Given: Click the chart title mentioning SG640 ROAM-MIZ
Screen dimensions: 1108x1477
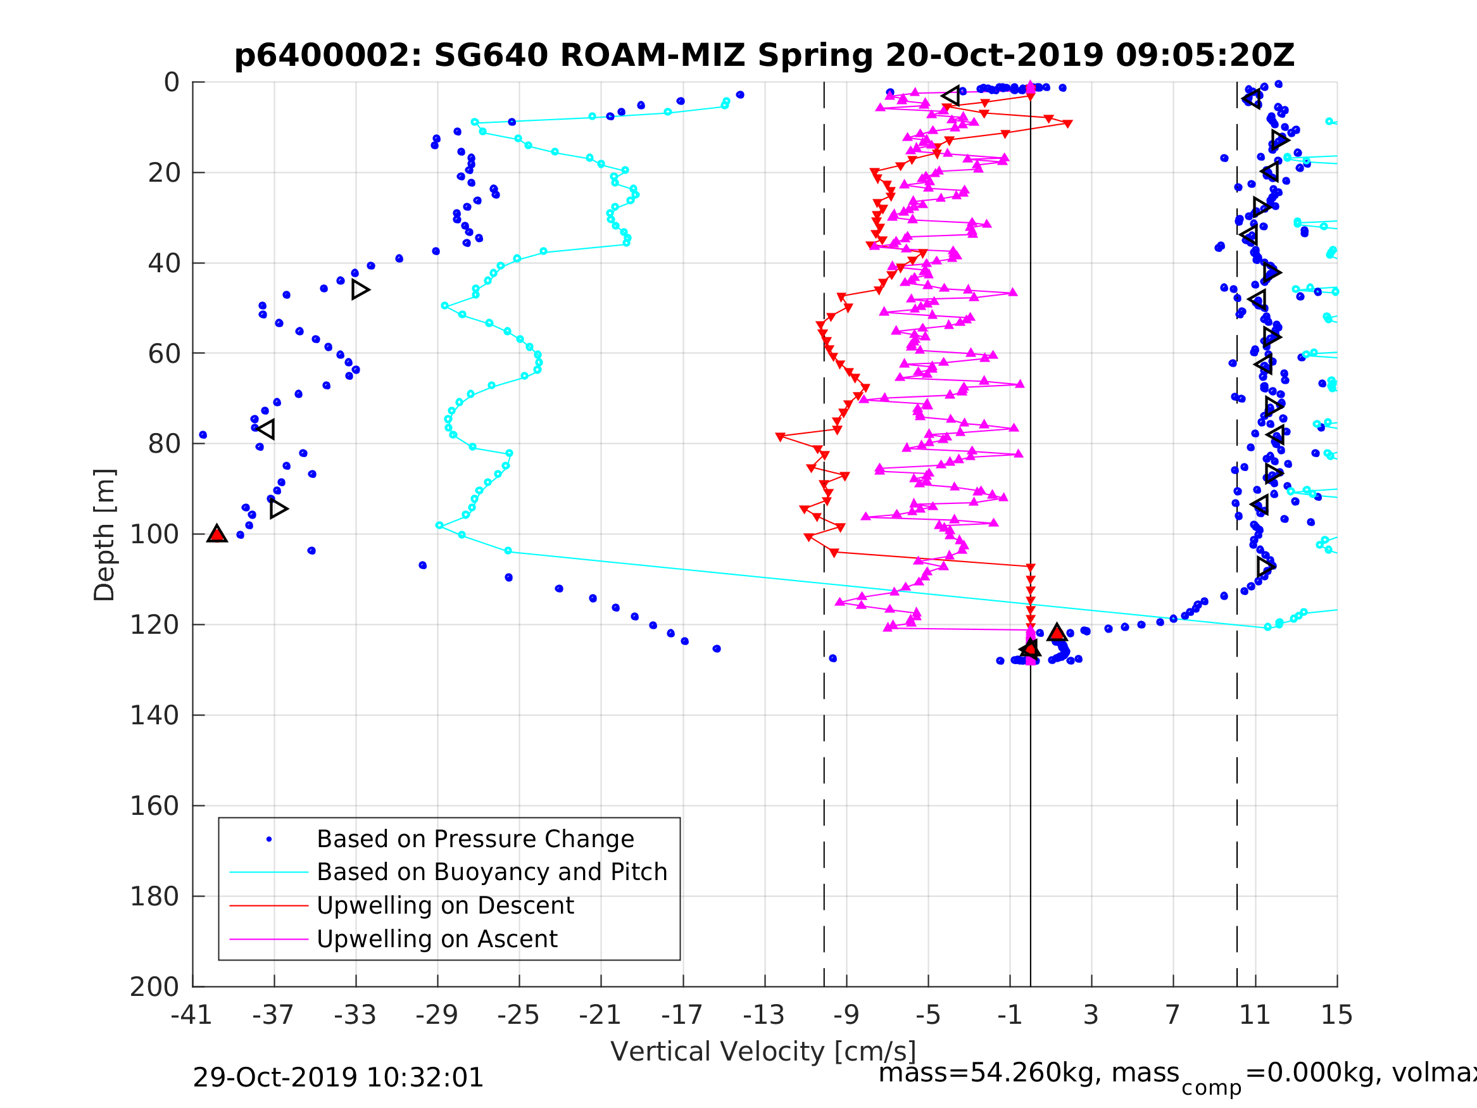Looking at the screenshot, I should tap(764, 56).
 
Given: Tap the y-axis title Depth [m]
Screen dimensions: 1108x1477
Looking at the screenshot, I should tap(105, 534).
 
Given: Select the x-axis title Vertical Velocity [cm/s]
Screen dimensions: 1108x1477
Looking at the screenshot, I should tap(764, 1051).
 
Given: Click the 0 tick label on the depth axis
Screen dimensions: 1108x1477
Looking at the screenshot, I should tap(172, 83).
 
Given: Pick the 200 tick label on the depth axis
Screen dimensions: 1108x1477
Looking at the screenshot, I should tap(154, 986).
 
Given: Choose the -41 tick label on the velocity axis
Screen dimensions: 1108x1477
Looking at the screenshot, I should tap(192, 1015).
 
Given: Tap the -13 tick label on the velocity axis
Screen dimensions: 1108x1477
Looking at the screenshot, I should tap(764, 1015).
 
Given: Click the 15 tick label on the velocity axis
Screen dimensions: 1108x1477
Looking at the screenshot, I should tap(1337, 1015).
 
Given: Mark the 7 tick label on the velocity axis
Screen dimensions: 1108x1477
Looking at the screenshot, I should tap(1172, 1015).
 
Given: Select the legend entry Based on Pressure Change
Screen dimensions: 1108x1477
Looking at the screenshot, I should tap(475, 839).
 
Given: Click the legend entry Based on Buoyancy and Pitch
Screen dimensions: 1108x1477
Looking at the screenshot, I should tap(491, 872).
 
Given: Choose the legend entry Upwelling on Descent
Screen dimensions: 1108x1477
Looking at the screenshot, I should tap(444, 905).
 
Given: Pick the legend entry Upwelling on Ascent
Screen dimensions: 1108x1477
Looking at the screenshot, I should tap(437, 939).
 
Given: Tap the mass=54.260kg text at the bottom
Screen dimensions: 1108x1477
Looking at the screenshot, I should tap(1028, 1073).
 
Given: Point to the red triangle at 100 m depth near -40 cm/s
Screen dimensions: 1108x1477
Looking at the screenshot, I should tap(217, 534).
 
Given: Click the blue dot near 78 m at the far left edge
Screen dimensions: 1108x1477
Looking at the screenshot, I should tap(203, 436).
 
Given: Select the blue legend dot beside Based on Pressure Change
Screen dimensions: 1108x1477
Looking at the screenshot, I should tap(269, 840).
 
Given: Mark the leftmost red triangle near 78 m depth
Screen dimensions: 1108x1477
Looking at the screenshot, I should tap(780, 438).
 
